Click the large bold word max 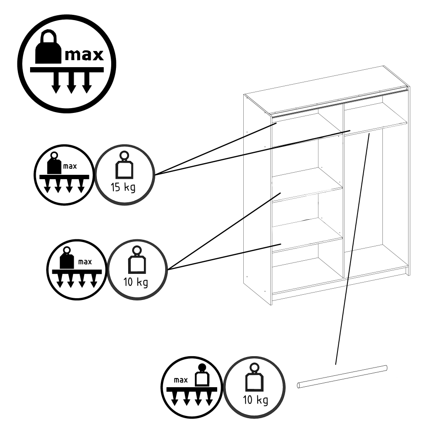pos(84,55)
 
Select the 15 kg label pos(123,187)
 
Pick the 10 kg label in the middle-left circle pos(136,283)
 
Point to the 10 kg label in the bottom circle pos(255,400)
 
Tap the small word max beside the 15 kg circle pos(70,166)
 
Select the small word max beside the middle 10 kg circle pos(85,262)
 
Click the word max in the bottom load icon pos(181,380)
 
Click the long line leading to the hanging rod pos(352,249)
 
